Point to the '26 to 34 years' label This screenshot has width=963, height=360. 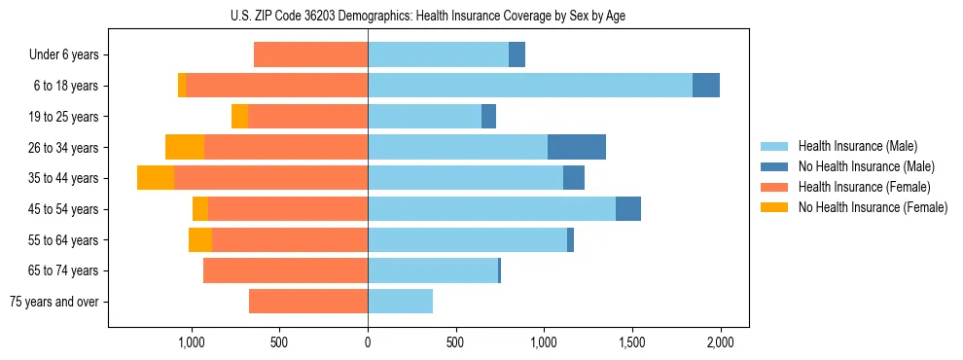pos(64,148)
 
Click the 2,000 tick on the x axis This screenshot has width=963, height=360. pos(720,342)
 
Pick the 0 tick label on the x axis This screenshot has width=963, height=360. pos(368,342)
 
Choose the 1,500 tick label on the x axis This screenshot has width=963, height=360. pos(632,342)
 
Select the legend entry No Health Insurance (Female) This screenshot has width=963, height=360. pos(873,207)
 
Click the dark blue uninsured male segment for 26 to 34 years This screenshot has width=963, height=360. pos(577,147)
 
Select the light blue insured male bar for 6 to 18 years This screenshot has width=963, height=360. pos(530,86)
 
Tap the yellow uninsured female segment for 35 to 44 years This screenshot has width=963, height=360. pos(156,178)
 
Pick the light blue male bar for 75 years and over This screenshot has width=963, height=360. pos(400,302)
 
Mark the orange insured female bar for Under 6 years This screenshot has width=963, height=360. pos(311,55)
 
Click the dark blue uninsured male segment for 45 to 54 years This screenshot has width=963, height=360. pos(628,209)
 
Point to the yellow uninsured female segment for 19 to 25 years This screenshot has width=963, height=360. pos(239,117)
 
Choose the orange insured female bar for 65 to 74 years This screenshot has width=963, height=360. pos(285,270)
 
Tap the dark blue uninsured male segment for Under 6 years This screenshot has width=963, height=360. pos(517,55)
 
